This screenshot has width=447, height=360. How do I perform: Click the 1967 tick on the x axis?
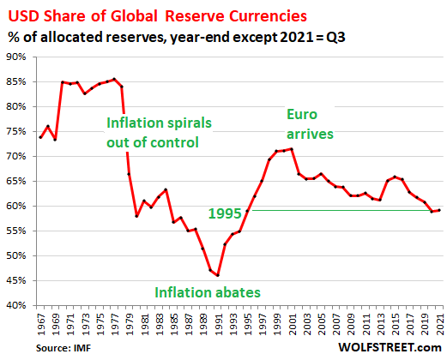(40, 324)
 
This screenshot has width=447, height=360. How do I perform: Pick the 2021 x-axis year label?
(440, 324)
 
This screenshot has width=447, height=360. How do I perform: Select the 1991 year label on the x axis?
(218, 324)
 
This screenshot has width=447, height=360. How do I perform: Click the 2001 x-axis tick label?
(292, 324)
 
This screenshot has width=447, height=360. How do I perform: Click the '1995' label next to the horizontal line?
(227, 211)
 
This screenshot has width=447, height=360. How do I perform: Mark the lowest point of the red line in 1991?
(218, 275)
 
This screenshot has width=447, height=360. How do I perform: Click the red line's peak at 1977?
(114, 79)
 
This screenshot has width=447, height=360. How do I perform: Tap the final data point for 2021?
(439, 210)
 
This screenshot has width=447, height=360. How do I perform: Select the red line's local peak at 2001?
(292, 148)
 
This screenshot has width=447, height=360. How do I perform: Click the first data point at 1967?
(40, 137)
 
